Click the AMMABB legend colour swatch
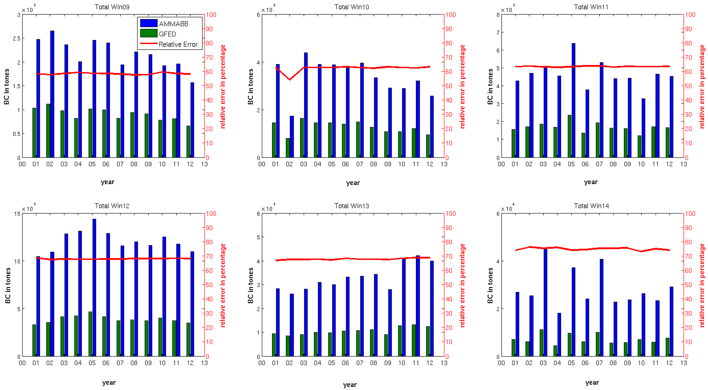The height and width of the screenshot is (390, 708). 149,23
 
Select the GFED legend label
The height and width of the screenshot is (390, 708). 167,34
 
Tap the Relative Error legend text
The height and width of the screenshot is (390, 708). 178,45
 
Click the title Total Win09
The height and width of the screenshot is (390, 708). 112,7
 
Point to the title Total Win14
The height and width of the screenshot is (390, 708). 591,206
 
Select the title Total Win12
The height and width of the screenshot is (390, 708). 112,206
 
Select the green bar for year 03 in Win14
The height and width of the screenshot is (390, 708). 541,343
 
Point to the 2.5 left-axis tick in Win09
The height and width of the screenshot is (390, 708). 16,39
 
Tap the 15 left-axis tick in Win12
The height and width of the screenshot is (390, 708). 17,214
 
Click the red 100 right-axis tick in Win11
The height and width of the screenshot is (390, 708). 690,15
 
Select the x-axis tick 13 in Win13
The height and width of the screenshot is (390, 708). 444,363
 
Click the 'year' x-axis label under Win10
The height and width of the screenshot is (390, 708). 353,183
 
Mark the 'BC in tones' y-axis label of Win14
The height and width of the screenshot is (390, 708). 490,285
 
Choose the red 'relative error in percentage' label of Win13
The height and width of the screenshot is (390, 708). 462,285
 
